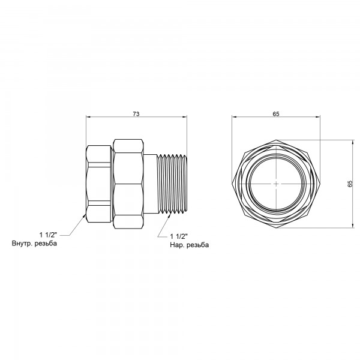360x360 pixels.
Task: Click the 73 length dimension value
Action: click(136, 114)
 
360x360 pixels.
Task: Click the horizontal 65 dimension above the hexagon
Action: click(276, 114)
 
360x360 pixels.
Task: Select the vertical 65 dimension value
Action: click(350, 184)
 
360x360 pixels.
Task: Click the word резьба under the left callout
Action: click(46, 244)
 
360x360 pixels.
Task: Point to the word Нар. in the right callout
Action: click(177, 245)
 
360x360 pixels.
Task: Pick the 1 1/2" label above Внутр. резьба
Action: click(48, 235)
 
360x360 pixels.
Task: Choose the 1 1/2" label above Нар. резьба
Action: click(179, 236)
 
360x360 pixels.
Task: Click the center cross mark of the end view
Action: click(276, 184)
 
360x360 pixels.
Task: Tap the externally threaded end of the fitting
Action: click(172, 183)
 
